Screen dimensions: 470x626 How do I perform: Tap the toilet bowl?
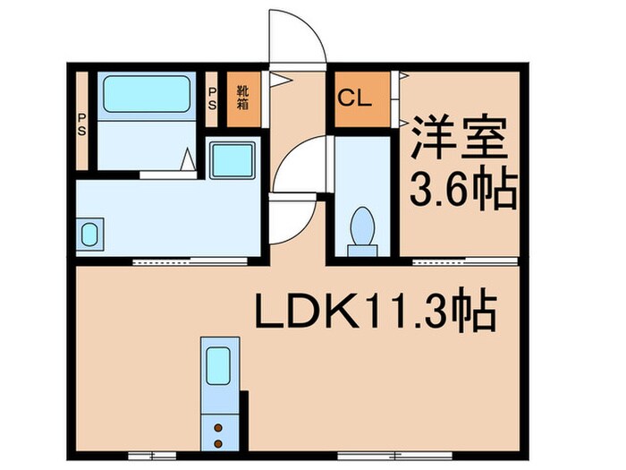point(363,228)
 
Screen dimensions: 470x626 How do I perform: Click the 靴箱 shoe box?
point(243,97)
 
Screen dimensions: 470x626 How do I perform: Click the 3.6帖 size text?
point(462,190)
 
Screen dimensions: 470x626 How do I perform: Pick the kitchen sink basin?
point(218,365)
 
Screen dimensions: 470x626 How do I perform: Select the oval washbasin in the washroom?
point(89,235)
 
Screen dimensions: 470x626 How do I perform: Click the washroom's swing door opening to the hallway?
point(291,219)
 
